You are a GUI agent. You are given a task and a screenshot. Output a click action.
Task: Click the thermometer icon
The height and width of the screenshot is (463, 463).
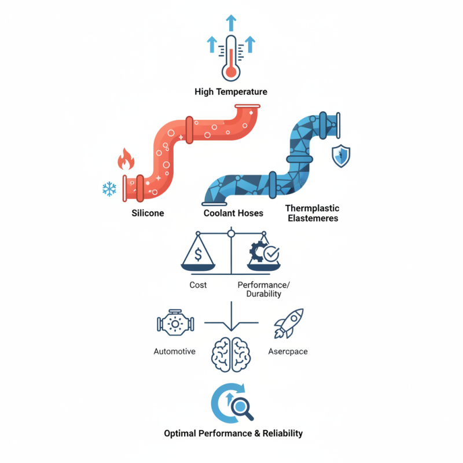[231, 58]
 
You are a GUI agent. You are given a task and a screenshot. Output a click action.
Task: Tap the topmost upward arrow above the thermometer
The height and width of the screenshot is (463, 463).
[231, 23]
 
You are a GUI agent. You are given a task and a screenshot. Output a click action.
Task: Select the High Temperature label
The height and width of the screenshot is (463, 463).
[231, 92]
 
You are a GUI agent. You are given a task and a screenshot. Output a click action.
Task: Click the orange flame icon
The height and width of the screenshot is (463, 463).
[126, 159]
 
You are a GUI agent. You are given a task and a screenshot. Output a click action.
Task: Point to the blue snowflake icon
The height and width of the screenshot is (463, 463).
[109, 189]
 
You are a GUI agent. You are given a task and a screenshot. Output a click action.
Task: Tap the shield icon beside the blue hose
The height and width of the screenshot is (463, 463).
[341, 156]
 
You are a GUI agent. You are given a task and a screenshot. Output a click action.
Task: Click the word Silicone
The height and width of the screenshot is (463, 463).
[148, 213]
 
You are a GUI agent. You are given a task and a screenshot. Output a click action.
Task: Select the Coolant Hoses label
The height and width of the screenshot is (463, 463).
[233, 213]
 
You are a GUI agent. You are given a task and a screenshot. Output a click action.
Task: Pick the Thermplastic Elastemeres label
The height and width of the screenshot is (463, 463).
[313, 213]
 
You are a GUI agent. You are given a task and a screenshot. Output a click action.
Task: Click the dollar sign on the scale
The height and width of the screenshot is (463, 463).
[199, 254]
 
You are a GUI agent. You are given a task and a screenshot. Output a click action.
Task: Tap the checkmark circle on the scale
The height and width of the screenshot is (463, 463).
[271, 254]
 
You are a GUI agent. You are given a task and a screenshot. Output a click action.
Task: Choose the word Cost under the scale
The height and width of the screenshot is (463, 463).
[198, 285]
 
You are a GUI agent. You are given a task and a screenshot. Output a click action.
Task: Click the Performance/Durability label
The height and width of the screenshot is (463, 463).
[264, 289]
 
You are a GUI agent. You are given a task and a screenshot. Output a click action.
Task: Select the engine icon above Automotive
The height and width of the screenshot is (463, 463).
[175, 323]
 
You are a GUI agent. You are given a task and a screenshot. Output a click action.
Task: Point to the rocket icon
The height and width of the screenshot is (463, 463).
[289, 324]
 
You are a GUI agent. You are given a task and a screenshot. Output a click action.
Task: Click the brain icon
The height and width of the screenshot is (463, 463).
[231, 355]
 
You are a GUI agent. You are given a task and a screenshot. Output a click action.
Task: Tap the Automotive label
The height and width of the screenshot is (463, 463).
[175, 351]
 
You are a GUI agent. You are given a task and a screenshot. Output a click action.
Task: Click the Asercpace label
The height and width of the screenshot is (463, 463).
[288, 352]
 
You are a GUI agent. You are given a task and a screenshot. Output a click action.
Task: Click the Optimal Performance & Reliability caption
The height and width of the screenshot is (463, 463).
[233, 433]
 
